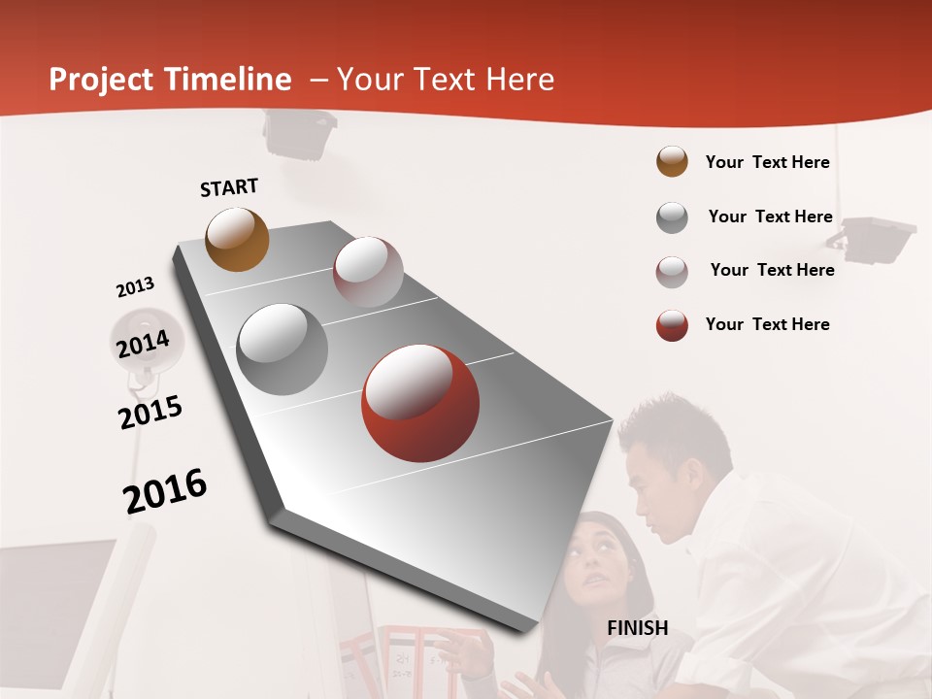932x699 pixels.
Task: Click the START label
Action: [x=229, y=187]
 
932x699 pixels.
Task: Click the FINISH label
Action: [x=637, y=628]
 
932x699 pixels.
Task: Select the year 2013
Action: [x=135, y=287]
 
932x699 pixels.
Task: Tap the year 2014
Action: [x=143, y=344]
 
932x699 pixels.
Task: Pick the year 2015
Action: [x=150, y=412]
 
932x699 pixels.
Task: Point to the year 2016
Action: [x=165, y=490]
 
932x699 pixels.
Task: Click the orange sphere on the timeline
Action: [x=237, y=239]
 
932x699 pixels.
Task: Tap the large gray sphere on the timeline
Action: [x=283, y=349]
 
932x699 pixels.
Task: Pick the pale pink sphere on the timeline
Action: [x=368, y=272]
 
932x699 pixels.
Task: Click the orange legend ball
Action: [x=672, y=162]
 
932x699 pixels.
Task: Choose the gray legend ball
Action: [x=672, y=217]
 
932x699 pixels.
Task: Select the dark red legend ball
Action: [x=672, y=325]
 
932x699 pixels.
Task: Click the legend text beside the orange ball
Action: [x=767, y=162]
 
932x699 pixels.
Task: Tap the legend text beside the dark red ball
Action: [x=767, y=324]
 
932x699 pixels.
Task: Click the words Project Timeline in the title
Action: [x=170, y=80]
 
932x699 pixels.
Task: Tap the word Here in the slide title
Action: [x=520, y=80]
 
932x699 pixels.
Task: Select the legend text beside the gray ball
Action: [x=770, y=216]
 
